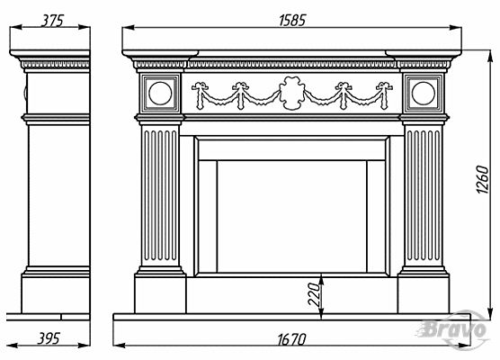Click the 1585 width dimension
click(292, 20)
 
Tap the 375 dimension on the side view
click(53, 21)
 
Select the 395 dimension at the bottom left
click(49, 338)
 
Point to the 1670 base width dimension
click(291, 339)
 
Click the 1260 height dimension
click(482, 179)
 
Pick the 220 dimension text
click(314, 294)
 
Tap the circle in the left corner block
click(160, 94)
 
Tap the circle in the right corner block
click(424, 94)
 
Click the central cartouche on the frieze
click(291, 93)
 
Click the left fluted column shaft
click(160, 195)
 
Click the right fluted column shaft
click(424, 195)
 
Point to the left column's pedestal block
click(160, 294)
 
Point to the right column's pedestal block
click(424, 294)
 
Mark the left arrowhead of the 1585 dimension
click(129, 28)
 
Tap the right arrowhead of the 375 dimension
click(85, 27)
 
